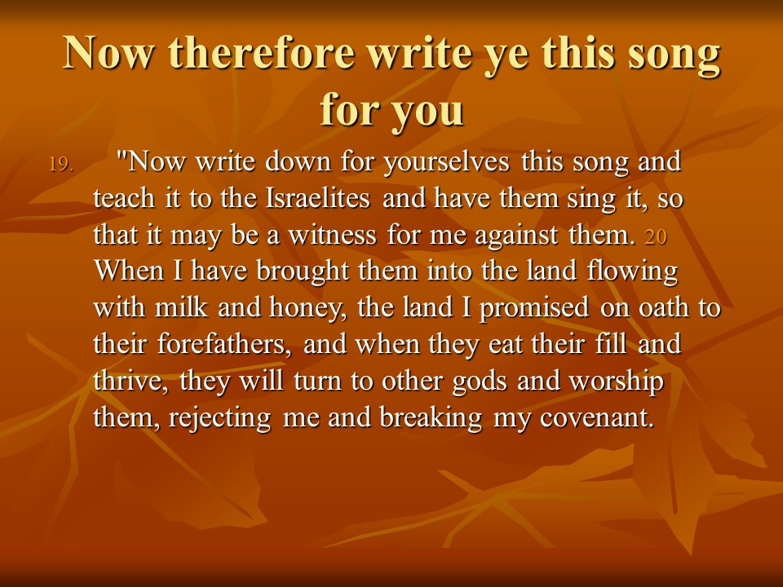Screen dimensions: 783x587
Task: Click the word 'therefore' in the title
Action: [x=261, y=53]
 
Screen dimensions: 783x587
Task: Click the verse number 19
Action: [x=61, y=164]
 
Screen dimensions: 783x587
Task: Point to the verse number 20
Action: [x=656, y=236]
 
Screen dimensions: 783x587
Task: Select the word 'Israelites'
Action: [x=317, y=198]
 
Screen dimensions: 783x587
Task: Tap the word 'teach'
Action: [x=124, y=198]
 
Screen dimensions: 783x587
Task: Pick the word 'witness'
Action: [x=333, y=235]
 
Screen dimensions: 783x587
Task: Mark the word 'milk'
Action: [x=181, y=307]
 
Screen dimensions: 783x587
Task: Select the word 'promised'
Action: [x=533, y=309]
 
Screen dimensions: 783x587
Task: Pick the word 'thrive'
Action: [x=130, y=381]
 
